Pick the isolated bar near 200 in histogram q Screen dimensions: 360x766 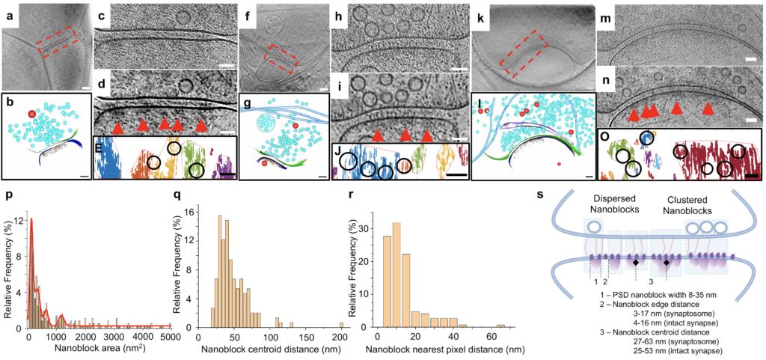(342, 325)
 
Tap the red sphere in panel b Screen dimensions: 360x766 (31, 114)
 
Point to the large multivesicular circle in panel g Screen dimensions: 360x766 (269, 123)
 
